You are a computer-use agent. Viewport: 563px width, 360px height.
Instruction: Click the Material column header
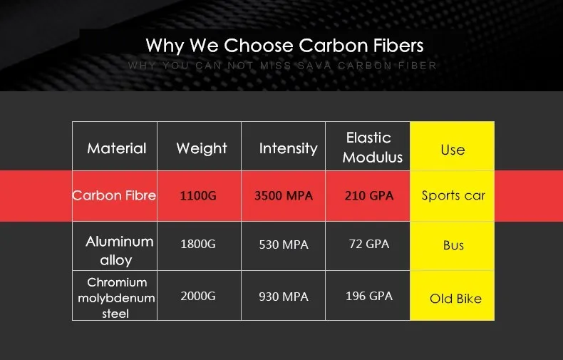coord(116,148)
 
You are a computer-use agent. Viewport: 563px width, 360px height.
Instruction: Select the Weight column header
coord(202,148)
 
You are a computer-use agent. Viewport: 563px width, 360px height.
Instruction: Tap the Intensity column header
coord(288,148)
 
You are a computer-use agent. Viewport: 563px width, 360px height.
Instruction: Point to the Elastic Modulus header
coord(368,147)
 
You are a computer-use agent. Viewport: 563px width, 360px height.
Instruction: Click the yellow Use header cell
coord(453,150)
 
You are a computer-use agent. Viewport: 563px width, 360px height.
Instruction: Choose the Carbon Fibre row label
coord(114,195)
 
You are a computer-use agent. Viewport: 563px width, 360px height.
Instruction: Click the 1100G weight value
coord(198,196)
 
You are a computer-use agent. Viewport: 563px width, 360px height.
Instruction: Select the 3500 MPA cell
coord(284,196)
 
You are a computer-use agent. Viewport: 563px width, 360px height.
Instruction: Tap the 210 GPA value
coord(368,196)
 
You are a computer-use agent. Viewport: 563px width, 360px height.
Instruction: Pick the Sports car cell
coord(453,196)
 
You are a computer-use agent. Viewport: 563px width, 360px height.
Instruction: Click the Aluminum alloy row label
coord(119,250)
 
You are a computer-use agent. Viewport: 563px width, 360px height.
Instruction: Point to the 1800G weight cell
coord(198,245)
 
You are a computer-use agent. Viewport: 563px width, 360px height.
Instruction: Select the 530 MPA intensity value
coord(284,245)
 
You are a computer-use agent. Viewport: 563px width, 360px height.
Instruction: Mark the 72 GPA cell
coord(368,245)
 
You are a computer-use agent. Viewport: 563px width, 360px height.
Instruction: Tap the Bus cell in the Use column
coord(453,245)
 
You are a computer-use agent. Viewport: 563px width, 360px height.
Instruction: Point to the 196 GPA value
coord(368,296)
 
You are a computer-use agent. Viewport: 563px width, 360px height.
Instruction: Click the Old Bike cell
coord(455,299)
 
